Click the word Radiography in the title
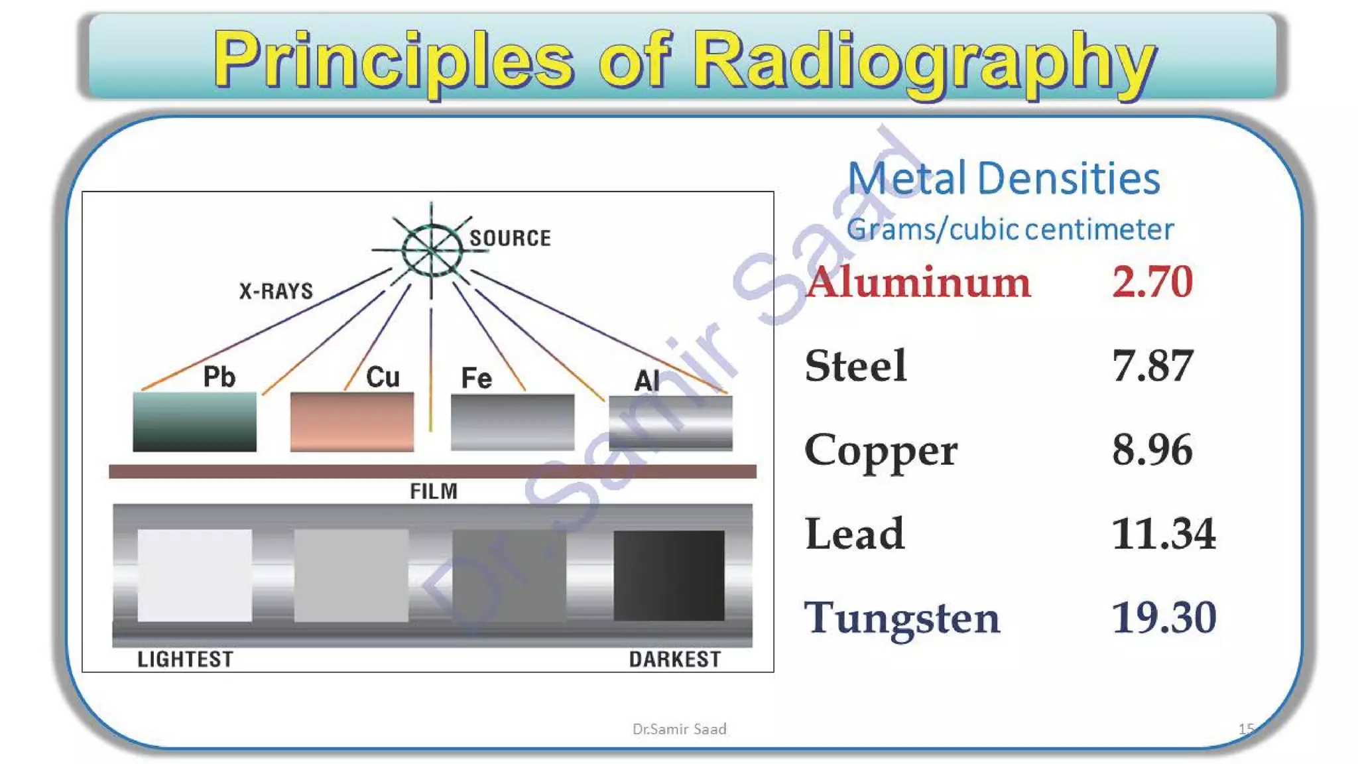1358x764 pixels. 927,61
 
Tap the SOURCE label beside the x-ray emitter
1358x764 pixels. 510,238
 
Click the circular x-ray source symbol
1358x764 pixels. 432,250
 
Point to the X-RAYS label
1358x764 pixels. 276,291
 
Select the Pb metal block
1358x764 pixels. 194,422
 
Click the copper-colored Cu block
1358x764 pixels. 351,422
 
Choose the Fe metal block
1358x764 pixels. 512,422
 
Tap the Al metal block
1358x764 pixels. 670,422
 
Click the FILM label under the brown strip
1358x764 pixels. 434,491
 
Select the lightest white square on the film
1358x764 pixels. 194,575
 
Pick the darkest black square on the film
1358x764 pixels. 668,575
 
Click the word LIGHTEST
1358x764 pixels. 185,659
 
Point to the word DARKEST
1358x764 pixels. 674,659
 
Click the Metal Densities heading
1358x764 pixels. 1003,178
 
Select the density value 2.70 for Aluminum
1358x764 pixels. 1152,281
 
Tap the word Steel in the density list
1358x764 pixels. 855,365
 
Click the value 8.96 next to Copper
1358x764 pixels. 1152,450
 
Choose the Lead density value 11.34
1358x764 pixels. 1164,533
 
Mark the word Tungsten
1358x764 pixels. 902,618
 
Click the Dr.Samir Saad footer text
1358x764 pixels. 679,729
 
